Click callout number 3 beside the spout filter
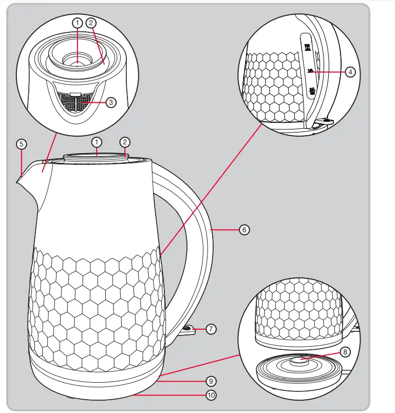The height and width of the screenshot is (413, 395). pos(111,102)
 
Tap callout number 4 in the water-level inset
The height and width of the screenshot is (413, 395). pos(350,72)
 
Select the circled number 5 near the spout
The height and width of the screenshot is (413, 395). pos(21,144)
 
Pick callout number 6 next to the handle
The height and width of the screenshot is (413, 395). pos(244,230)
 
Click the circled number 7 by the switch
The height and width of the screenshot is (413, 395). pos(211,329)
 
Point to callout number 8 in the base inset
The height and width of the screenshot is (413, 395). pos(345,352)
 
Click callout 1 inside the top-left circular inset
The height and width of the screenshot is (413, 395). pos(77,23)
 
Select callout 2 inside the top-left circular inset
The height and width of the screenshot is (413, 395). pos(91,23)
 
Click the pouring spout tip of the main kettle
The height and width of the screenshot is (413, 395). pos(18,179)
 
